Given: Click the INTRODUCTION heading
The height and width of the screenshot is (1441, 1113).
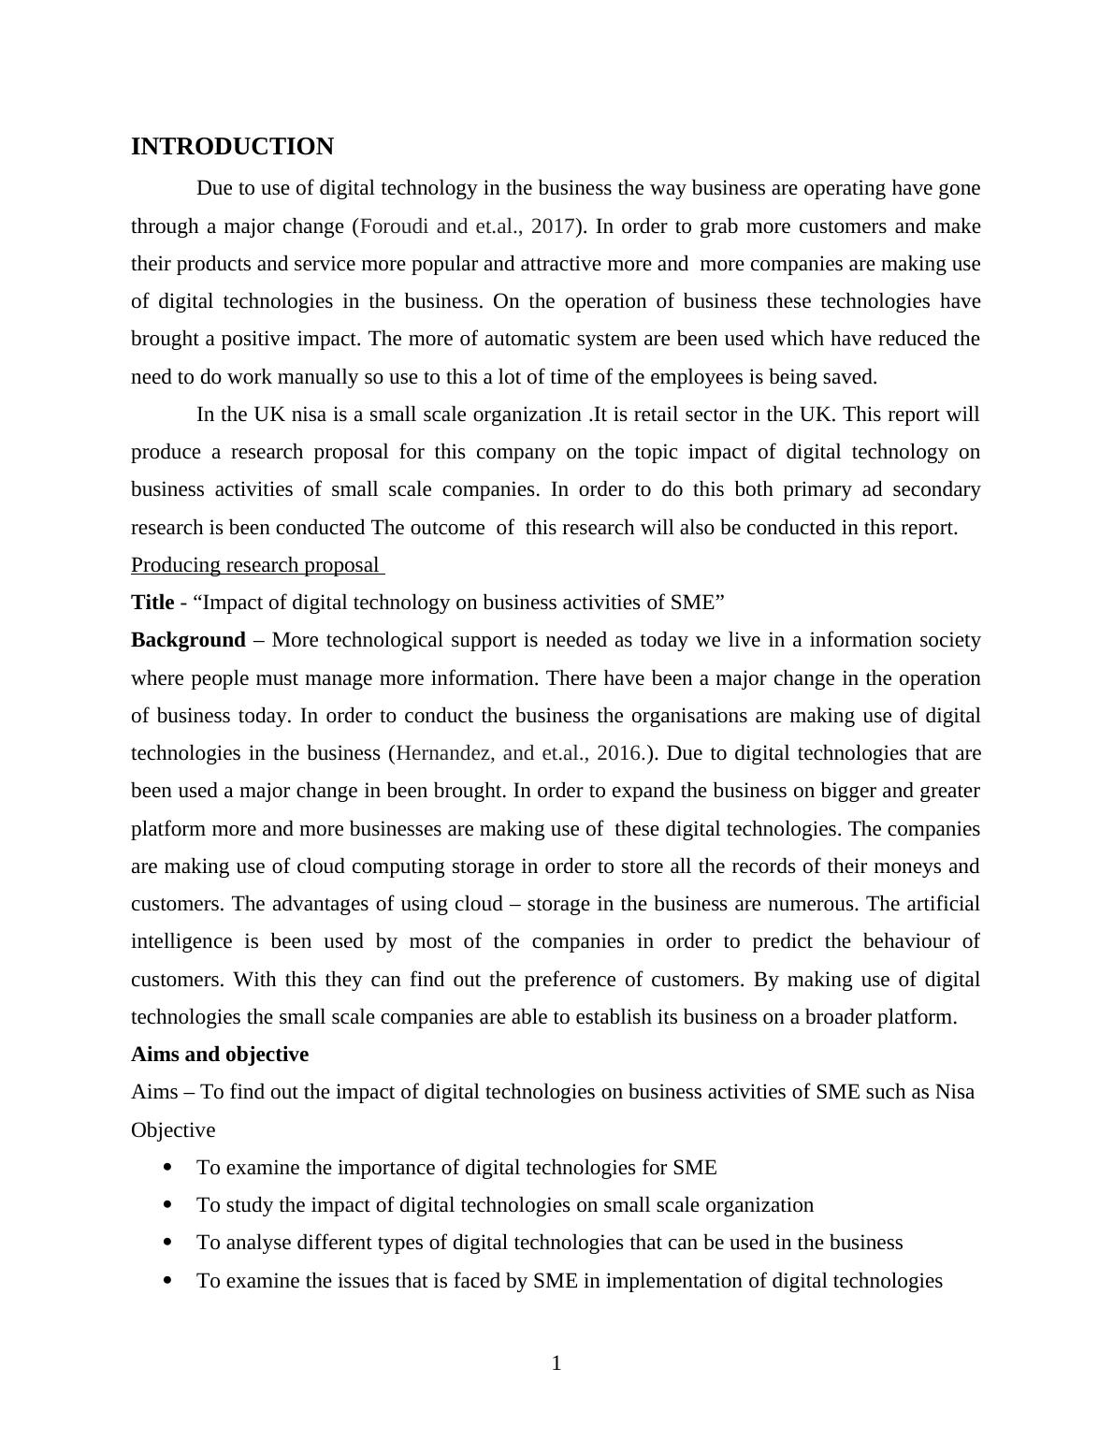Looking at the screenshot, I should pos(232,147).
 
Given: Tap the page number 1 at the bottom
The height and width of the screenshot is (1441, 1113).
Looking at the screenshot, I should pos(556,1363).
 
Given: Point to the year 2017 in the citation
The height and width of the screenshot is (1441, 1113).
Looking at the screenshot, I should pos(551,226).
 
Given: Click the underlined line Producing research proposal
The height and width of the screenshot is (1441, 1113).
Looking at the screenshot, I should pos(256,565).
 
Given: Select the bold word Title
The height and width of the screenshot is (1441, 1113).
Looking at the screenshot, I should pos(152,603).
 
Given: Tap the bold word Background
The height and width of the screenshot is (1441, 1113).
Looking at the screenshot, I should pos(188,640).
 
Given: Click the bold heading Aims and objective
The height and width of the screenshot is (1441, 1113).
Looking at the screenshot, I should pos(220,1055).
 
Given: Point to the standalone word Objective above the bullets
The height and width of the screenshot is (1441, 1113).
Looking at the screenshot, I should pos(173,1130).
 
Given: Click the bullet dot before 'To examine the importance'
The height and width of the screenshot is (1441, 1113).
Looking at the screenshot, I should pos(168,1167).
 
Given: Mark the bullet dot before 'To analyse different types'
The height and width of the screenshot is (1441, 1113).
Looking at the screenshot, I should pos(168,1242).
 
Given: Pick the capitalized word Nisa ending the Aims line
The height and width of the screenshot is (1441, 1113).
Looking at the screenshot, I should pos(954,1092).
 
